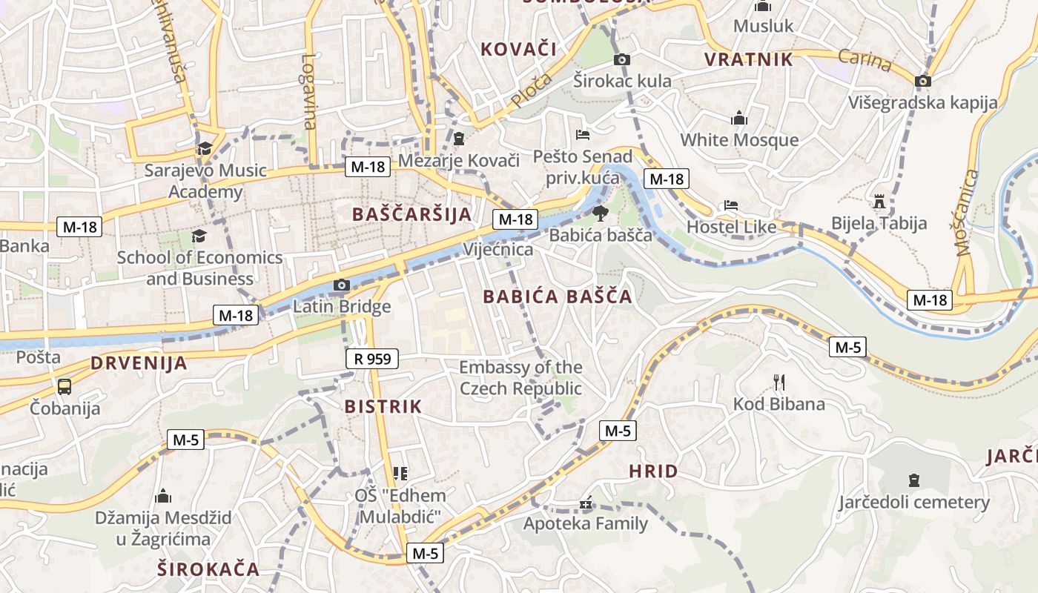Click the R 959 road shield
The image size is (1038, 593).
click(372, 360)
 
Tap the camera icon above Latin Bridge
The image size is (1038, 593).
click(342, 285)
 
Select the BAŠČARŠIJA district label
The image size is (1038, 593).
click(411, 214)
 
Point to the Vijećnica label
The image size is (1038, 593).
click(498, 249)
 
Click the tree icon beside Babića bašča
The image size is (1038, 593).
click(600, 213)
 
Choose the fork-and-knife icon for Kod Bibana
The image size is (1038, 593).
click(778, 382)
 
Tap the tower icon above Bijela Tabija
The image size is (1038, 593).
click(879, 201)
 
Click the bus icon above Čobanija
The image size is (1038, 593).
click(65, 386)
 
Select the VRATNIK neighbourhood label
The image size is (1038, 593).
click(749, 60)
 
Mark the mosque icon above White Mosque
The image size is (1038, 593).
click(738, 119)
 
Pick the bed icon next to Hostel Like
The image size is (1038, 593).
click(731, 205)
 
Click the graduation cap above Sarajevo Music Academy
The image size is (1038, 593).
click(205, 148)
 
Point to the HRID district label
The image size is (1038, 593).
click(653, 471)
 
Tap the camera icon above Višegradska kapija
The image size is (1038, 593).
click(923, 81)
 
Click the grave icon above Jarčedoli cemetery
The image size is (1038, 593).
click(913, 480)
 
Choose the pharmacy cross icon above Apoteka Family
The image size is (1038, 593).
click(586, 504)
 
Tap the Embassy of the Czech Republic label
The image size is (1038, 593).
click(520, 378)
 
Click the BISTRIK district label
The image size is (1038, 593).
click(383, 406)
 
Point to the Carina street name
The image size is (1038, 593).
click(865, 59)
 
